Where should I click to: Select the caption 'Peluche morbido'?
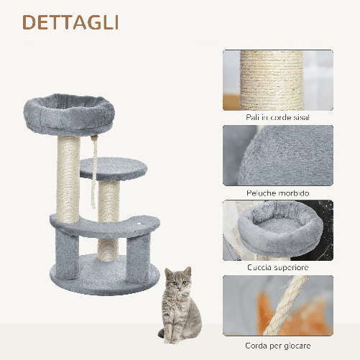pyautogui.click(x=277, y=193)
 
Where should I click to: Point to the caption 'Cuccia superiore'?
pyautogui.click(x=277, y=267)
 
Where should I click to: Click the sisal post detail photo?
pyautogui.click(x=277, y=79)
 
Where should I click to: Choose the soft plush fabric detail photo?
pyautogui.click(x=277, y=155)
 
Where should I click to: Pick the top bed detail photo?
pyautogui.click(x=277, y=230)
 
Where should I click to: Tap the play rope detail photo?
pyautogui.click(x=277, y=305)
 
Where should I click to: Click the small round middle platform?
pyautogui.click(x=113, y=170)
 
